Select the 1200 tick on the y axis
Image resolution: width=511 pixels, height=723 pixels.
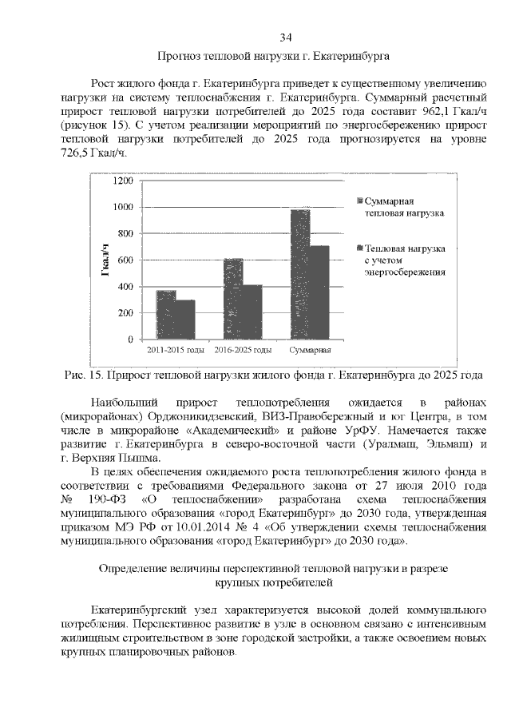click(122, 181)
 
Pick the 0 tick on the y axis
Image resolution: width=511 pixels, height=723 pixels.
click(129, 340)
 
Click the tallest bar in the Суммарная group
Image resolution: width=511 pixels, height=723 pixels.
click(300, 274)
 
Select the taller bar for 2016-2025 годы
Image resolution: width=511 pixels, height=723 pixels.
click(233, 299)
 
